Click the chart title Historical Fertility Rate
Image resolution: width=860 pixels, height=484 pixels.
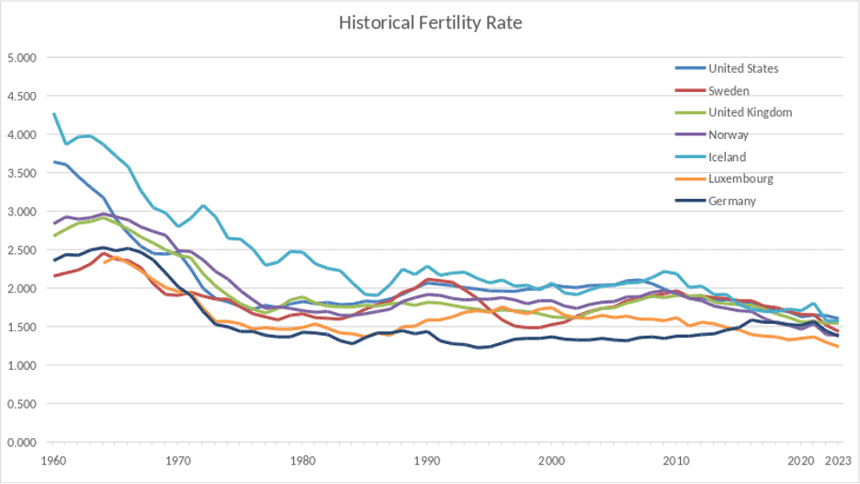coord(430,22)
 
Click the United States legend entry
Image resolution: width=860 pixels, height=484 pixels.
coord(743,68)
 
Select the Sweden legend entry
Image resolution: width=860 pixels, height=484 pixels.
coord(730,90)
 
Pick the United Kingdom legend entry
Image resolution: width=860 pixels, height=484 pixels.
coord(750,112)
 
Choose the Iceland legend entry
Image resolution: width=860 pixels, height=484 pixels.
coord(727,156)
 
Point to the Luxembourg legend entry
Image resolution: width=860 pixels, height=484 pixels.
coord(741,179)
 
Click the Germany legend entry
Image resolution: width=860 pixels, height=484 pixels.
coord(732,201)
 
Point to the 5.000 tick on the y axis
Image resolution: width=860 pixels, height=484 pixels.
coord(21,58)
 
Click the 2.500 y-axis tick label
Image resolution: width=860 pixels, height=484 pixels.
coord(21,250)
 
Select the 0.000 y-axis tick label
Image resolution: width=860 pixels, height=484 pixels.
coord(21,443)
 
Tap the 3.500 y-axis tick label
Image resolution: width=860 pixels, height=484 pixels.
coord(21,173)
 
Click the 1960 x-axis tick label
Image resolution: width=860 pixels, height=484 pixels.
coord(54,460)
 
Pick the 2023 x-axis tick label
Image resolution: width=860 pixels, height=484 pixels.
coord(835,460)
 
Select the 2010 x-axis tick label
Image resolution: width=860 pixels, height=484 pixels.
coord(675,460)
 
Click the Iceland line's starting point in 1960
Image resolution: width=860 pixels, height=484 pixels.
coord(54,113)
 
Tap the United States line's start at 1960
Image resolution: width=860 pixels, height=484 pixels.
coord(54,162)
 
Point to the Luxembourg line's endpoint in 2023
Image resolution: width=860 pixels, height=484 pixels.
coord(837,347)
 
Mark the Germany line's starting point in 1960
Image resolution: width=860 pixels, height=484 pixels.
coord(54,260)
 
